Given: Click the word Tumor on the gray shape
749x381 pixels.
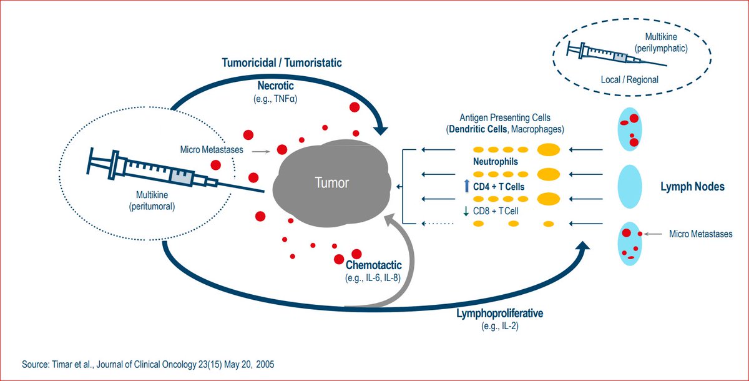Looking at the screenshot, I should (331, 182).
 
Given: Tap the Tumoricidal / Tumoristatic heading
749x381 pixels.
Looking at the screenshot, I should (281, 63).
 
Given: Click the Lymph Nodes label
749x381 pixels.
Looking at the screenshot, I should (693, 187).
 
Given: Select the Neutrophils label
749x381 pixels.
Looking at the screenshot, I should (494, 162).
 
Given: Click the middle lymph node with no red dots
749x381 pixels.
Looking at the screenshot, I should (630, 187).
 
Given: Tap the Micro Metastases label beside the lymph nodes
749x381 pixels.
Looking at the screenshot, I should (700, 234).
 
